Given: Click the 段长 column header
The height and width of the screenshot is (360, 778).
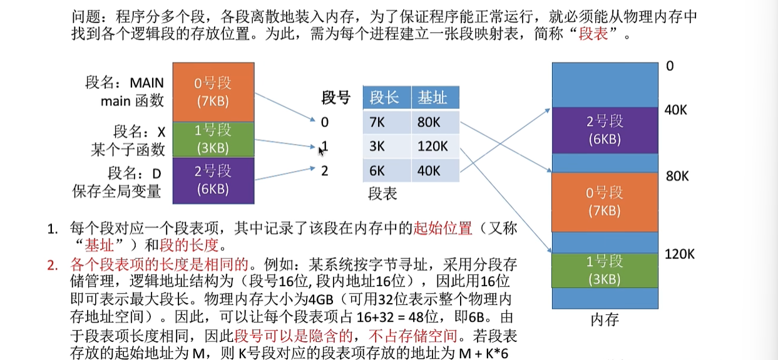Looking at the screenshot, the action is [387, 98].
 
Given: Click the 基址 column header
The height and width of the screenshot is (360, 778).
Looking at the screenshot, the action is [435, 98].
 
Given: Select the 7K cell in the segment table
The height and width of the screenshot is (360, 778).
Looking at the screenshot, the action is [387, 122].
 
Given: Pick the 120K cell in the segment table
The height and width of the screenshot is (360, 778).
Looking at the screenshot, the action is [435, 147].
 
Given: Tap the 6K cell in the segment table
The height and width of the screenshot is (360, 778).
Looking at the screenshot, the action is [387, 171].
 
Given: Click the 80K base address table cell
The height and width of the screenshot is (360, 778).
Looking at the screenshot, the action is [435, 122].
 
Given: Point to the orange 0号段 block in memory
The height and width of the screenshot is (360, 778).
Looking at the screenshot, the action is [605, 202].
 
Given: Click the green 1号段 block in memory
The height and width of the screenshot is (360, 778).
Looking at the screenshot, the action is [605, 270].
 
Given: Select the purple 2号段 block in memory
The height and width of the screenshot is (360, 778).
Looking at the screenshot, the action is [605, 130].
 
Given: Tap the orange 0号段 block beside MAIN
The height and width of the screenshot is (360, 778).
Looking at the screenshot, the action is [213, 92].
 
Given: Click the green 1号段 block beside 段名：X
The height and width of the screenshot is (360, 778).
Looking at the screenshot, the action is [213, 140].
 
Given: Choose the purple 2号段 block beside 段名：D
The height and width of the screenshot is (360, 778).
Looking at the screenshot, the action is [213, 180].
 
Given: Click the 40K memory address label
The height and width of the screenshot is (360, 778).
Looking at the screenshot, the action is [675, 110].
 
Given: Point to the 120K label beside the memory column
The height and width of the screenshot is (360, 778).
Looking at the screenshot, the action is [679, 254].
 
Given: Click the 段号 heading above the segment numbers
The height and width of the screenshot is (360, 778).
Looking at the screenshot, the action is [335, 98].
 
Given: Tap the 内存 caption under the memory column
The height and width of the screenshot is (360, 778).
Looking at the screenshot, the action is [605, 320].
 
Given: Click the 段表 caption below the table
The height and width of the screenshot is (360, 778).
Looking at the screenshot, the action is [382, 193].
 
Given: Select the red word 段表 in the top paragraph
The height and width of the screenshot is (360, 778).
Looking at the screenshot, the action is [593, 34].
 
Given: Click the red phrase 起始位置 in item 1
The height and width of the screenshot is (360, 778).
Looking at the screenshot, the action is [443, 229].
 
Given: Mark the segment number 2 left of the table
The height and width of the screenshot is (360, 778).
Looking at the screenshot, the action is [324, 171].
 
